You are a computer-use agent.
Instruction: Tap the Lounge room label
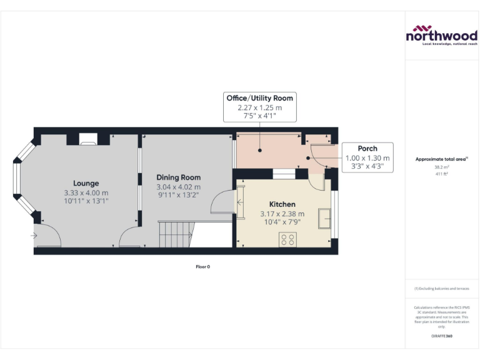coord(86,183)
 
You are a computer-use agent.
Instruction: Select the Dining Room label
coord(178,177)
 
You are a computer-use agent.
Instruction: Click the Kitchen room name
coord(282,204)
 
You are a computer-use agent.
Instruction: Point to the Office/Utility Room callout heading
coord(259,98)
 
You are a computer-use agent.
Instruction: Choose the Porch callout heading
coord(367,149)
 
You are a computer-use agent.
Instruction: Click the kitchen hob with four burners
coord(288,239)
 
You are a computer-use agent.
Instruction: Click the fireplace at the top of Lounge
coord(89,139)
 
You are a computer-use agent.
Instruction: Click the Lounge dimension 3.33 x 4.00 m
coord(86,192)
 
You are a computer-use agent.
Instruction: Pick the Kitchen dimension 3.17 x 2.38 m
coord(282,214)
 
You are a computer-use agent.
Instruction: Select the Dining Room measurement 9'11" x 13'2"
coord(178,196)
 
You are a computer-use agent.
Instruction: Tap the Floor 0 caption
coord(202,267)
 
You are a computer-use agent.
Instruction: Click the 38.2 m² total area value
coord(441,167)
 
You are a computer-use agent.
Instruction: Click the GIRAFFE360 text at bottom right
coord(441,336)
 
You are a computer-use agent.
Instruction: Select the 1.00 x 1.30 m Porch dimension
coord(367,158)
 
